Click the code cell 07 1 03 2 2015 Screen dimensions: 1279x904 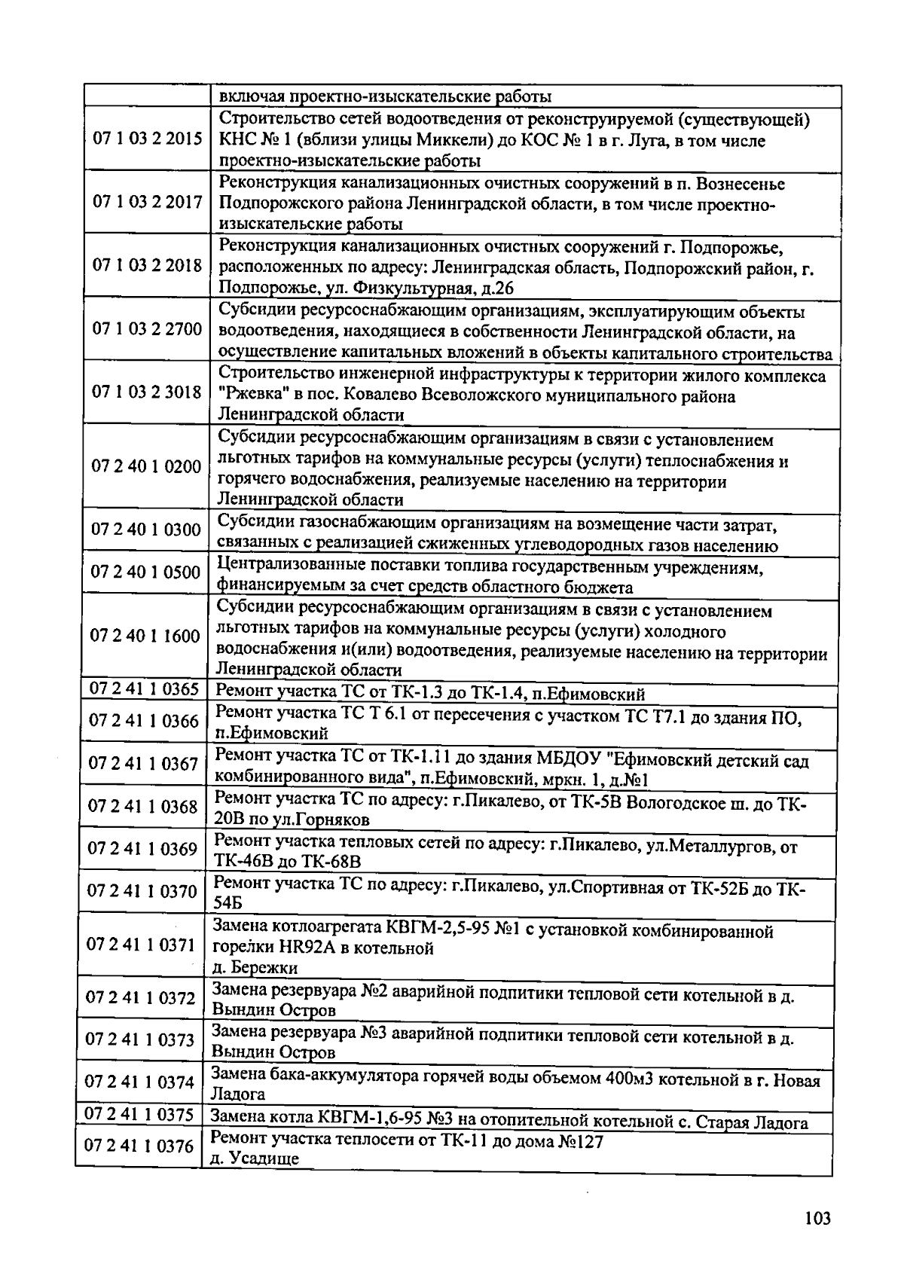(147, 139)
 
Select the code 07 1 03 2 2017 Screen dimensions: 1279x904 (147, 202)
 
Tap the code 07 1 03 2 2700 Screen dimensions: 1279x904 (147, 329)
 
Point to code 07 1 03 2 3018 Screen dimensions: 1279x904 (147, 392)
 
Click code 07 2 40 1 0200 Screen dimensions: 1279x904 (146, 466)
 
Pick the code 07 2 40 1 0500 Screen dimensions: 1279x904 (145, 572)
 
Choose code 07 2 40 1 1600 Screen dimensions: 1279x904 (145, 636)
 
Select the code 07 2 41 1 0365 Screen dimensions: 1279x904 (144, 688)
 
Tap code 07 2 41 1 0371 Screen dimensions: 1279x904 (142, 945)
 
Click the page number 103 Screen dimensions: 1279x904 (817, 1218)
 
